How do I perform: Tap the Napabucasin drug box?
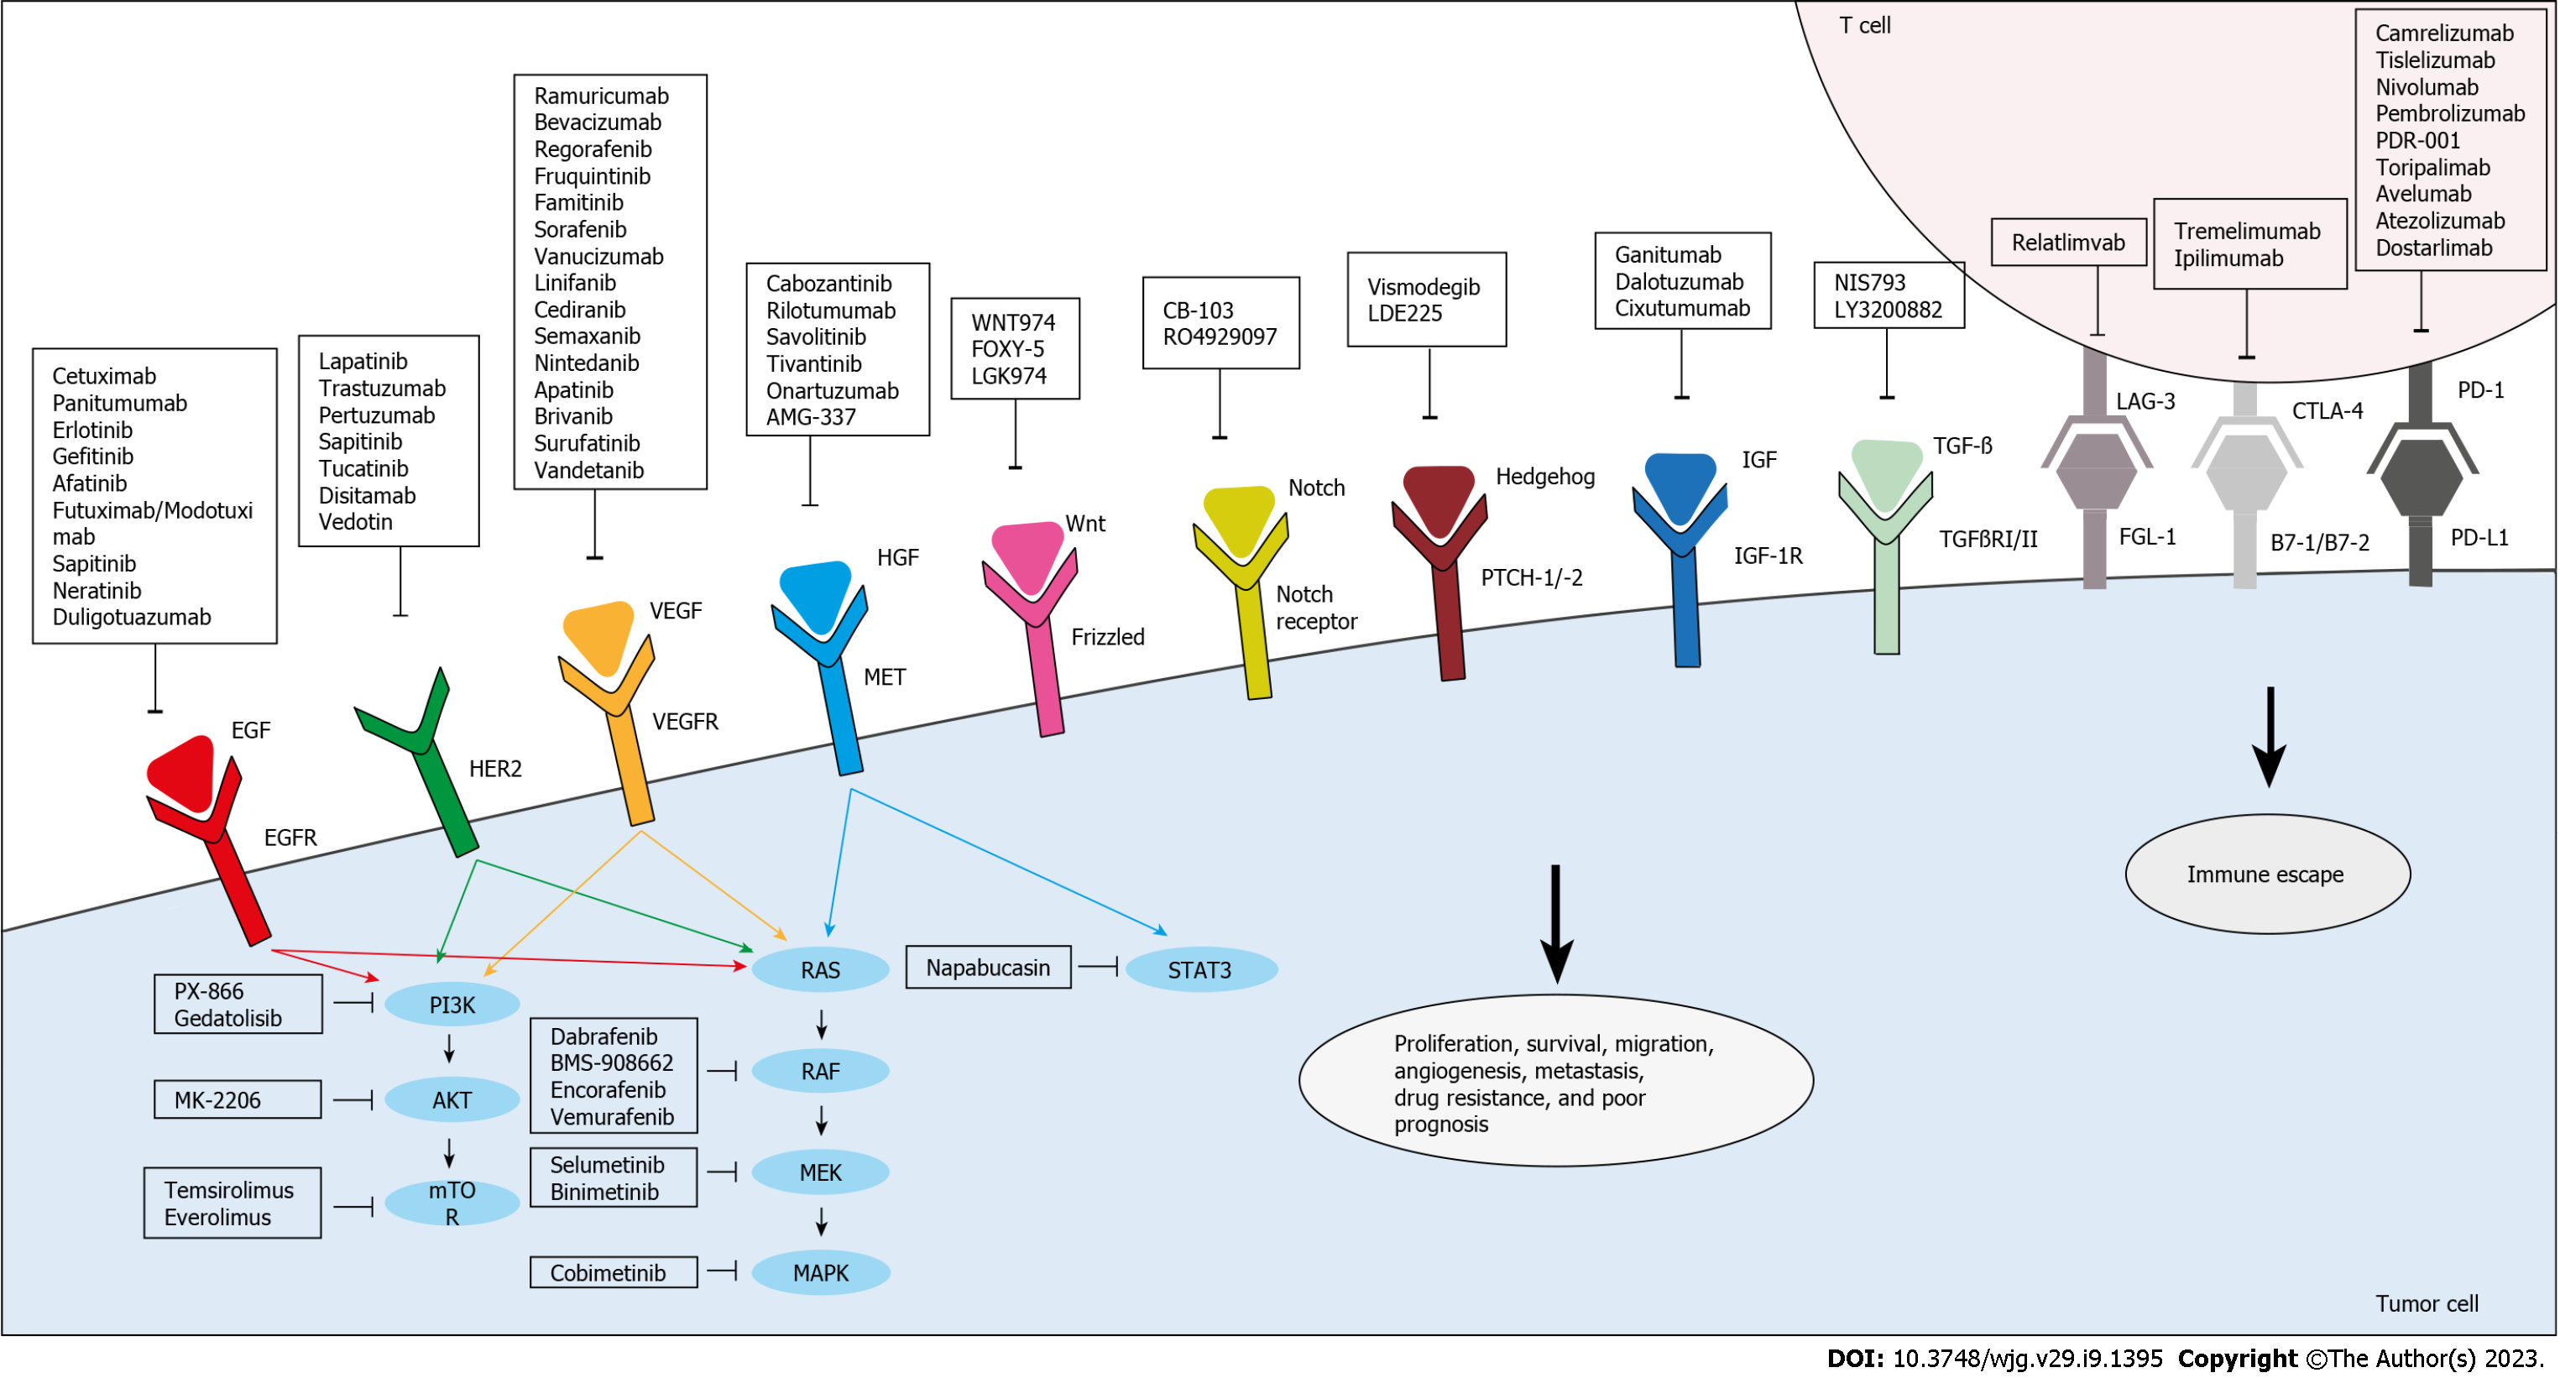tap(988, 968)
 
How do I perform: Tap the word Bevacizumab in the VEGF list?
tap(598, 123)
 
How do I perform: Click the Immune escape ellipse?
tap(2267, 875)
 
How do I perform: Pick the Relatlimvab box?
tap(2069, 243)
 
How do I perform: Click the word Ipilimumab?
tap(2229, 258)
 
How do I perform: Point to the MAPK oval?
tap(821, 1274)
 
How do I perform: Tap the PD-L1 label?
tap(2479, 537)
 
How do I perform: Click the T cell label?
tap(1865, 25)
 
